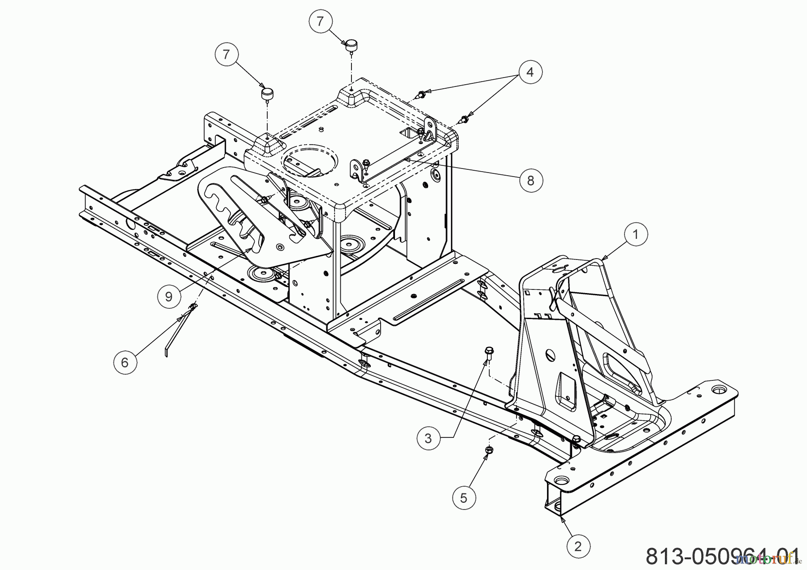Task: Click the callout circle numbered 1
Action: point(635,234)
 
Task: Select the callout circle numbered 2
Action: point(578,546)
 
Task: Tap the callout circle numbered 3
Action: point(428,438)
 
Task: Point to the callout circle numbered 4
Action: point(530,72)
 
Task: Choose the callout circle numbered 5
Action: point(464,498)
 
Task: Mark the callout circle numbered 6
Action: point(125,362)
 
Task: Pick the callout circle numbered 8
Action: point(531,181)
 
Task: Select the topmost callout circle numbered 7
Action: point(320,22)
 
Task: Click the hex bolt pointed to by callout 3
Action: point(488,354)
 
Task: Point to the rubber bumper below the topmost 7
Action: point(351,45)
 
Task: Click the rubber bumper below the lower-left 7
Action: point(267,95)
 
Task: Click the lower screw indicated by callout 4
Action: point(464,120)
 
